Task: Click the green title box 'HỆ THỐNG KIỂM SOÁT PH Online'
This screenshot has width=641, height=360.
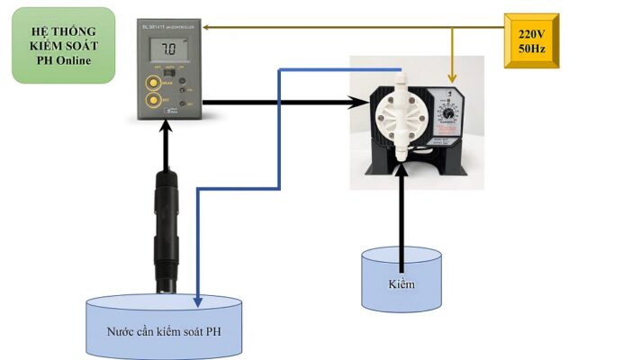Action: [63, 45]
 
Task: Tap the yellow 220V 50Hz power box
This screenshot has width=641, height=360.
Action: [531, 41]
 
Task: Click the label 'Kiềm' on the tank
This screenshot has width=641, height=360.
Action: [401, 285]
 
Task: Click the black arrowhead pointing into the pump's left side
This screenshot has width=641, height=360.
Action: [354, 103]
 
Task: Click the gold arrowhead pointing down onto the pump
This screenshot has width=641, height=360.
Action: [452, 79]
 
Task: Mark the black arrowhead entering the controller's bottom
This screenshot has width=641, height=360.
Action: [166, 128]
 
